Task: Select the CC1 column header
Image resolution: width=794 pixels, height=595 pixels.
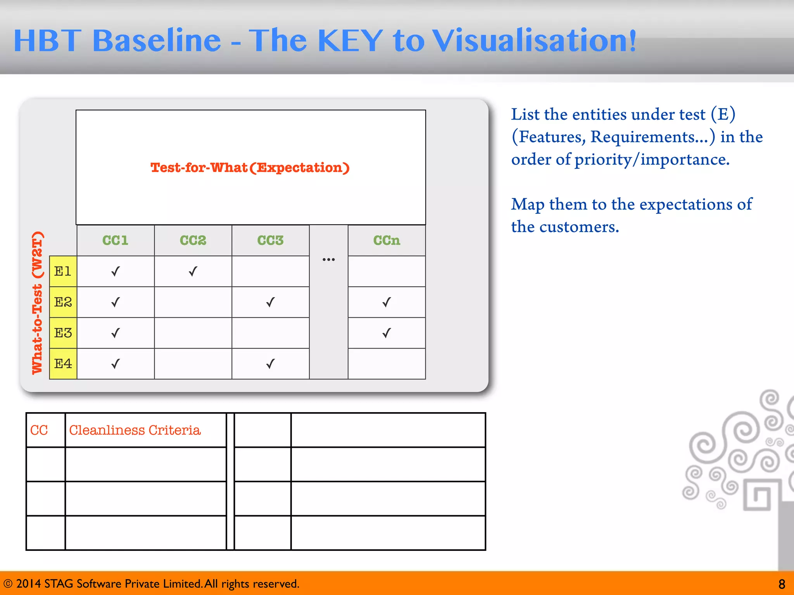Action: click(116, 240)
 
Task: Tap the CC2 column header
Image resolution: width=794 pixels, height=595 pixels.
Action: click(193, 240)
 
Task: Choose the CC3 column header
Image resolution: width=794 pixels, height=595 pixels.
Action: click(271, 240)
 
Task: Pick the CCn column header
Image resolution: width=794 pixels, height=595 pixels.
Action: click(387, 240)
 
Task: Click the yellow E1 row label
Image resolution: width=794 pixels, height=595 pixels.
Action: click(63, 271)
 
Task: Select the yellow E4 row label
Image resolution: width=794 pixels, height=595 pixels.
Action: click(63, 364)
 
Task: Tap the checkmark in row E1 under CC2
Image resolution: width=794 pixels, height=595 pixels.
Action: click(193, 271)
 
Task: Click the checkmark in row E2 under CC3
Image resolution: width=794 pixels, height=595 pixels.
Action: click(271, 302)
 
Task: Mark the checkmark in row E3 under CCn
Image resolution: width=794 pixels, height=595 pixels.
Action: click(387, 333)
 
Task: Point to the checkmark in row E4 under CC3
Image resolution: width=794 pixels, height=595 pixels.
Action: click(271, 364)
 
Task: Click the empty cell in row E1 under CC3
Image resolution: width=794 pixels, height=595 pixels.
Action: click(271, 271)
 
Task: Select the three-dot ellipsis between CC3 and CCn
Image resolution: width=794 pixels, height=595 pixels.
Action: click(328, 260)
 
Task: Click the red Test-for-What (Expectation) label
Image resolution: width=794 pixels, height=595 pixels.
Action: click(250, 168)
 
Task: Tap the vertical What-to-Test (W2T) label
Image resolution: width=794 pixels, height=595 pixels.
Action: click(37, 303)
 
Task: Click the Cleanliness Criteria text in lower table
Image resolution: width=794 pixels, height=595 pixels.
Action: click(135, 430)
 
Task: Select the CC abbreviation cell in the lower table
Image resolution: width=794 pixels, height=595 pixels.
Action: click(39, 430)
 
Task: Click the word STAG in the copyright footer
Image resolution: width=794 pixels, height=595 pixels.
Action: click(59, 584)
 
